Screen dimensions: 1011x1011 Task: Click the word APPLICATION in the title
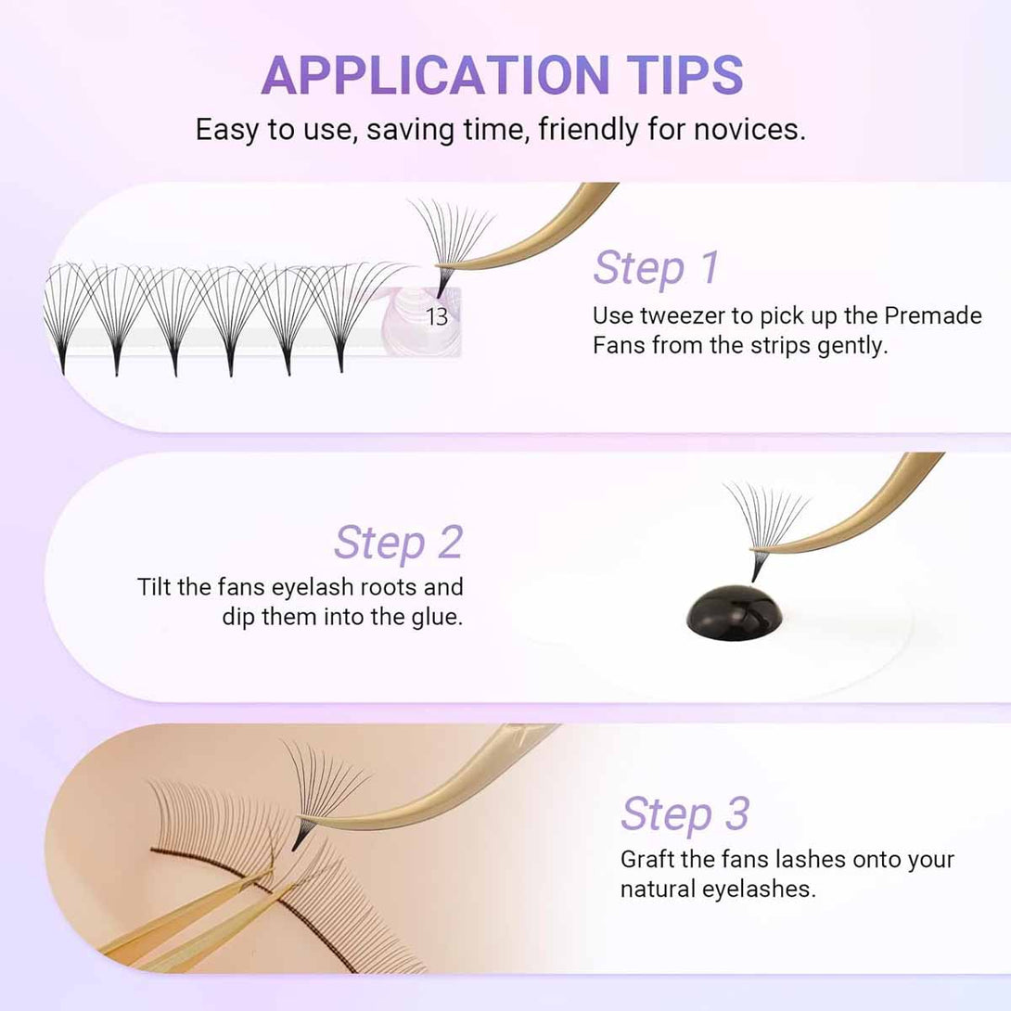pos(435,75)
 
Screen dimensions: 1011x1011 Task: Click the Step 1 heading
pos(656,267)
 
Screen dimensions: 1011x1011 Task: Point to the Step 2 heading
pos(399,542)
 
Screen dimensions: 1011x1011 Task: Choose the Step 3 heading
pos(685,813)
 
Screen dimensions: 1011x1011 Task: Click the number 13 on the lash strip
pos(437,316)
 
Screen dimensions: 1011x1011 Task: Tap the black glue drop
pos(735,613)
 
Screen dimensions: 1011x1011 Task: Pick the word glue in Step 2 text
pos(437,617)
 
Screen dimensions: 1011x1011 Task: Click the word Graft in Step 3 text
pos(647,860)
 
